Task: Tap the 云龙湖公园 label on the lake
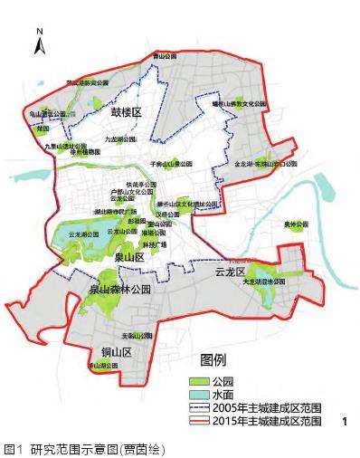pos(75,234)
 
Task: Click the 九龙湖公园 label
pos(120,140)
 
